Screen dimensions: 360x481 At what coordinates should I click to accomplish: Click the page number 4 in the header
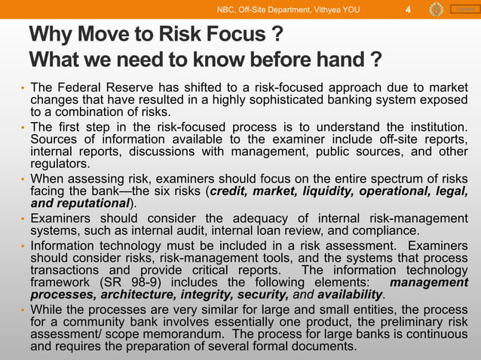point(408,10)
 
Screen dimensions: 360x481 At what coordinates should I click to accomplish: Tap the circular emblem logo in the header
point(436,10)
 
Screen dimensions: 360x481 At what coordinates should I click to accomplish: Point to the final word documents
point(322,346)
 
